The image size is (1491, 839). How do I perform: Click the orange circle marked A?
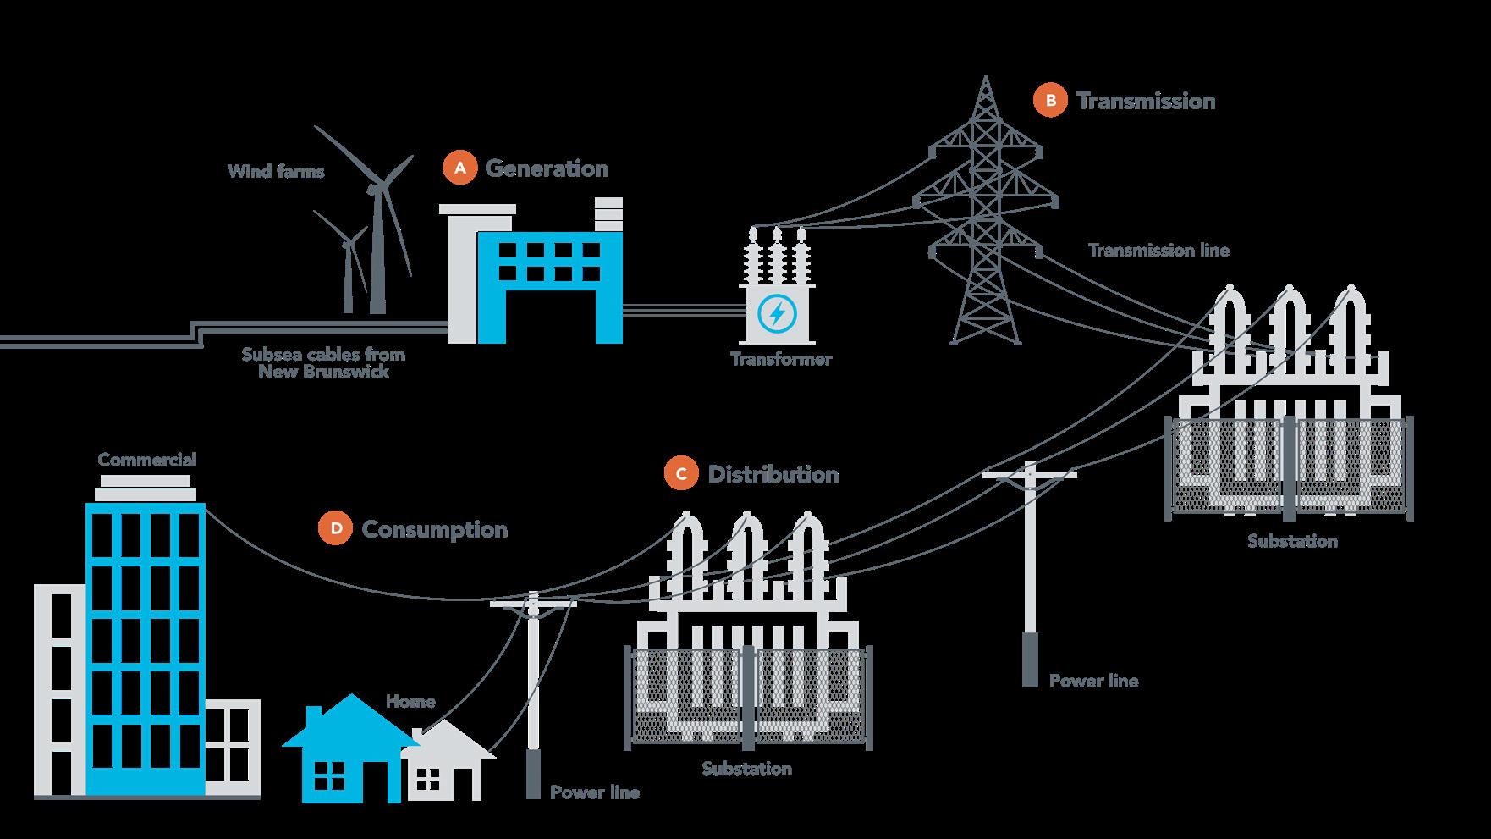click(x=460, y=168)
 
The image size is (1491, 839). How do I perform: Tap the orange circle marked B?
click(x=1050, y=101)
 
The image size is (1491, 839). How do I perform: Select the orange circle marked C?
click(x=681, y=474)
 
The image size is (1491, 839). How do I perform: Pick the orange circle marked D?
click(x=336, y=529)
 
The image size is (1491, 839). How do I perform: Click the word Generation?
click(x=547, y=168)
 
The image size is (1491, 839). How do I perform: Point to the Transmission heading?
click(x=1146, y=101)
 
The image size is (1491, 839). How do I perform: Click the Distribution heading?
click(x=773, y=474)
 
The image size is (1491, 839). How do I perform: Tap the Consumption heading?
click(x=435, y=529)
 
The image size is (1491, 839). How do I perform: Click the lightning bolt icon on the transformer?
click(x=776, y=314)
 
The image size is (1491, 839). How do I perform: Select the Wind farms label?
click(x=276, y=171)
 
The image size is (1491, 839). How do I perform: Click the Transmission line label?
click(x=1158, y=250)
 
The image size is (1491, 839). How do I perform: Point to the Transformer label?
click(x=781, y=359)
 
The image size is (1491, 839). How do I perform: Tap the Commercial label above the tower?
click(x=147, y=460)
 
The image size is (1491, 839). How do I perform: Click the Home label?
click(x=410, y=701)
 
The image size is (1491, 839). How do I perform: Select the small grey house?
click(x=448, y=766)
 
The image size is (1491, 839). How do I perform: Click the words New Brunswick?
click(x=324, y=372)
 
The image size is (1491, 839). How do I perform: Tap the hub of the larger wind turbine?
click(x=380, y=188)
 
